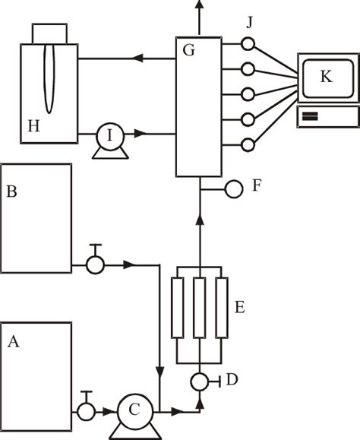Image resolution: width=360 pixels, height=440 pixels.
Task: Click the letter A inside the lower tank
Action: tap(13, 342)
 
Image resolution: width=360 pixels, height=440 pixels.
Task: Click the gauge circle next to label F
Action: tap(234, 185)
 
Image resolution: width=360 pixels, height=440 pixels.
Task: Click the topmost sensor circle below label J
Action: tap(247, 45)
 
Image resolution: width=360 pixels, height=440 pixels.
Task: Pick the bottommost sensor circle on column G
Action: tap(247, 144)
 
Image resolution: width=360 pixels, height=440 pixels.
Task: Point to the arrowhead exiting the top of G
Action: tap(200, 5)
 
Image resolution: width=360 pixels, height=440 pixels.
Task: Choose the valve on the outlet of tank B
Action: tap(95, 264)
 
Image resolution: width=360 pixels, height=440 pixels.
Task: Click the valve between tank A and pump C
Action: tap(84, 411)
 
